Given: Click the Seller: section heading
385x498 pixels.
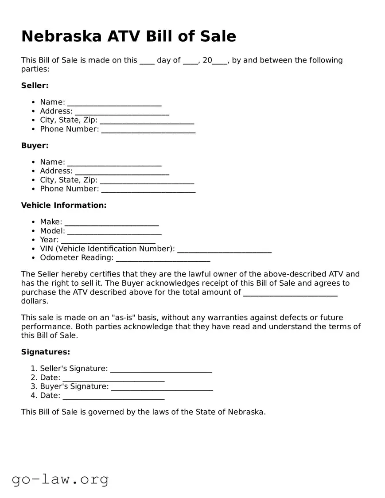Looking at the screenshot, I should [35, 86].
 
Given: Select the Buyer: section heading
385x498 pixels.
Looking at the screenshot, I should [35, 145].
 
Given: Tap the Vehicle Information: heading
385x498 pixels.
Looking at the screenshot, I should [64, 205].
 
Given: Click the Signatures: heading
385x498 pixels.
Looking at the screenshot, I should [46, 352].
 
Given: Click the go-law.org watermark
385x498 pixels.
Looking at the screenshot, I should [60, 479].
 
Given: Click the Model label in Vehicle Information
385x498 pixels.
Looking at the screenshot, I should [52, 231].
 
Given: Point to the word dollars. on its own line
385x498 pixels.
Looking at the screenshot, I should [35, 301].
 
